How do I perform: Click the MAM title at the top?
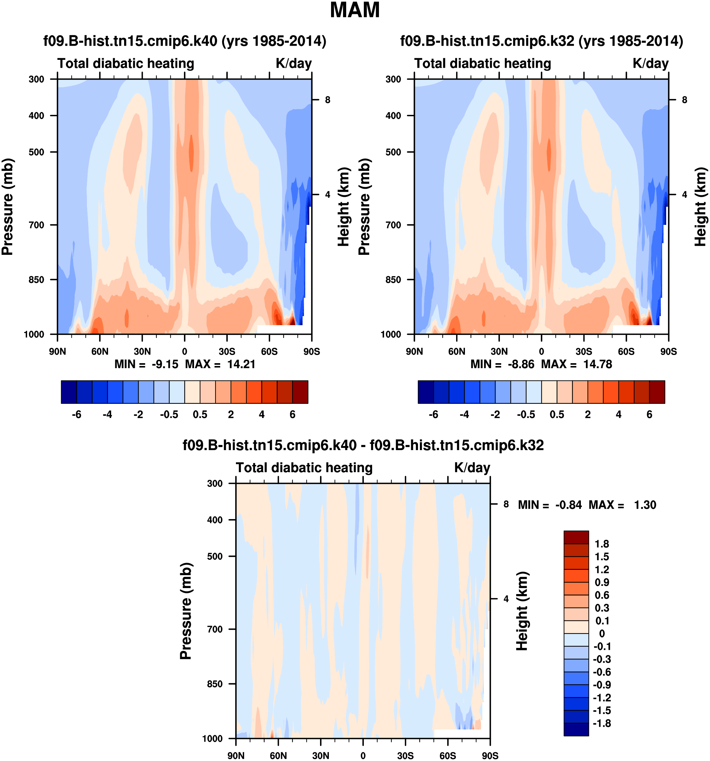tap(355, 10)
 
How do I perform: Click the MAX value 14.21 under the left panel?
tap(241, 364)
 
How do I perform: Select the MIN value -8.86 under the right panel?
tap(521, 364)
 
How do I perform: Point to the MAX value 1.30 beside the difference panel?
tap(645, 505)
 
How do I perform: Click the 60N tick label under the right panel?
tap(457, 352)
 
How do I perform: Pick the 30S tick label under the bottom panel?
tap(405, 756)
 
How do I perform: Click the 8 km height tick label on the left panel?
tap(328, 100)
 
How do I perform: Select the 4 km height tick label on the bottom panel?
tap(506, 599)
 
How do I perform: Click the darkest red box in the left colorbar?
tap(300, 392)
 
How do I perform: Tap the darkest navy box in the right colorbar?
tap(426, 392)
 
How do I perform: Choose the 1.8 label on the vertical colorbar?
tap(602, 544)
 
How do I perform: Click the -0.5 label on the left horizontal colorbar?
tap(169, 415)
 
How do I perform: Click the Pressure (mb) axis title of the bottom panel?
tap(186, 611)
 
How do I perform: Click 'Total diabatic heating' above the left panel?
tap(126, 64)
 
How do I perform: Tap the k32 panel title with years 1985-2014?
tap(541, 41)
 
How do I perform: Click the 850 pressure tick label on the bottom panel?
tap(215, 684)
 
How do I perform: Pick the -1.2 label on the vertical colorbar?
tap(602, 697)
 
